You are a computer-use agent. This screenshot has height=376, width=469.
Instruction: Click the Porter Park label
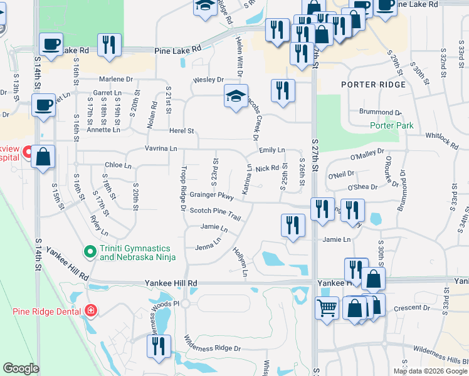[391, 125]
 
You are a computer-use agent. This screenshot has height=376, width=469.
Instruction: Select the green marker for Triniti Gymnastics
[90, 252]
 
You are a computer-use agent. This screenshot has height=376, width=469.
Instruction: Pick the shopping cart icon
[327, 308]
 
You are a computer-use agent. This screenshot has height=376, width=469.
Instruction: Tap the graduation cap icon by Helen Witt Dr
[236, 96]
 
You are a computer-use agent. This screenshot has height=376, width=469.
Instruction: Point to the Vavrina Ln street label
[161, 149]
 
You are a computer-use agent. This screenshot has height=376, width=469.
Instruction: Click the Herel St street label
[182, 131]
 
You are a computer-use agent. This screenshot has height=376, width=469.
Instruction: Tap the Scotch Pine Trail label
[215, 214]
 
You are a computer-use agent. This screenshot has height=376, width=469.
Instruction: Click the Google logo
[21, 368]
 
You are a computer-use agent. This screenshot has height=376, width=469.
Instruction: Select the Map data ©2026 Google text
[429, 370]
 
